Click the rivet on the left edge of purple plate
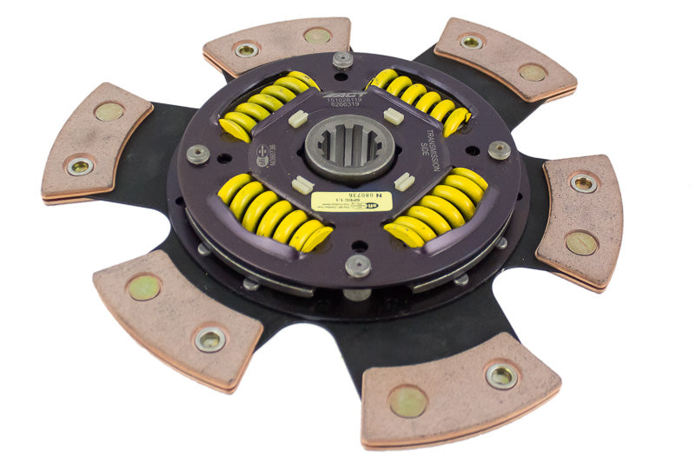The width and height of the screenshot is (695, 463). [198, 154]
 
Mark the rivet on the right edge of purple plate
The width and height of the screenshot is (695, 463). [499, 149]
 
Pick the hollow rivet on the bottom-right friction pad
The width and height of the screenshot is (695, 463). [501, 375]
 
